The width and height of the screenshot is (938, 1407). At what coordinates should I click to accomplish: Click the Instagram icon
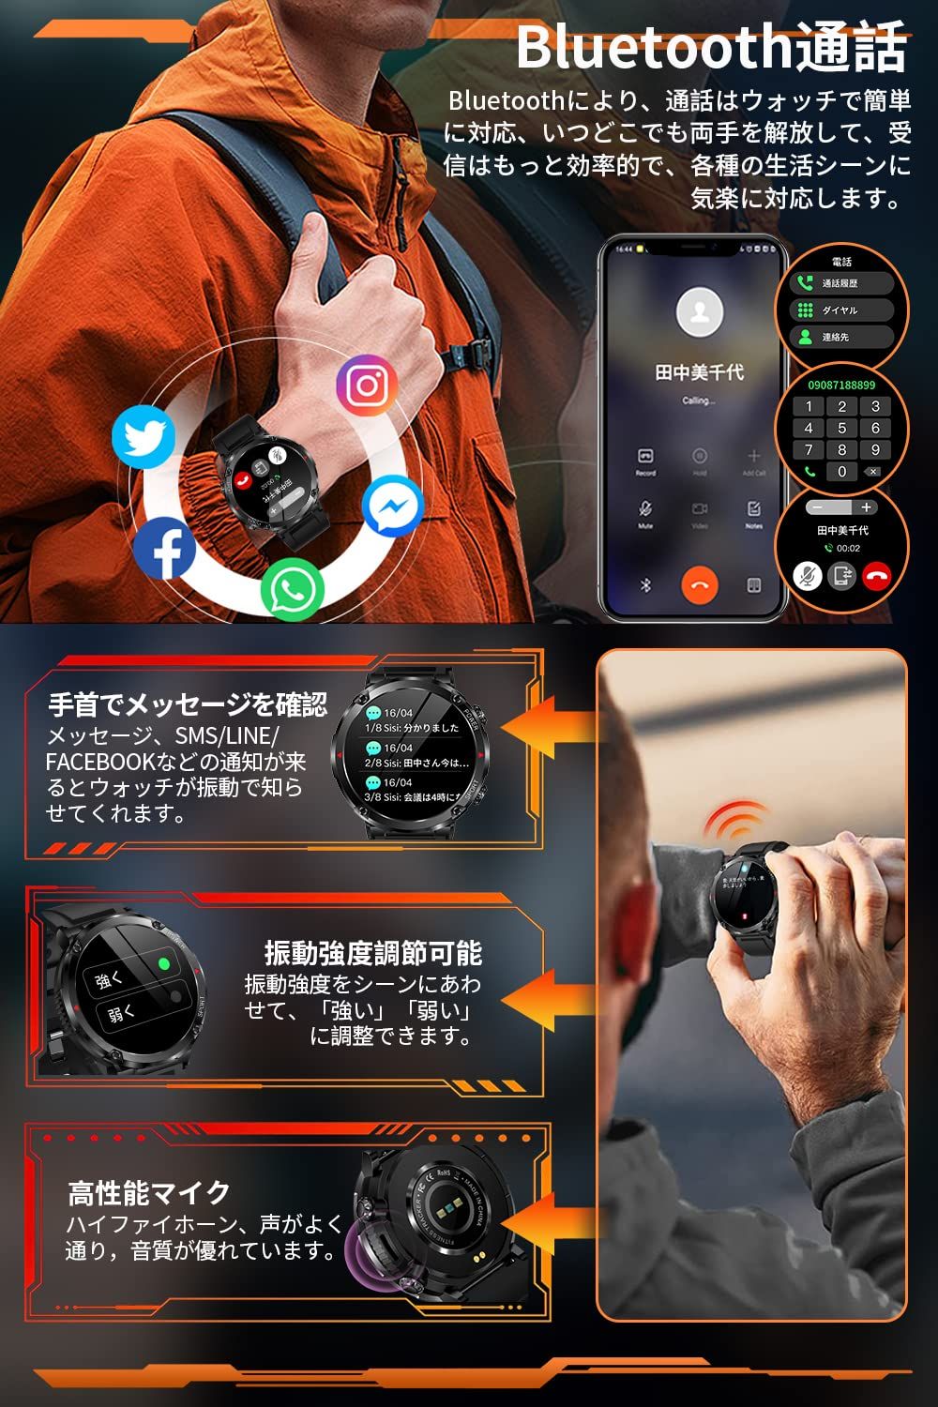click(367, 384)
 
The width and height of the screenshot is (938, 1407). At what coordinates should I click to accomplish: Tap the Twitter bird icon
click(144, 437)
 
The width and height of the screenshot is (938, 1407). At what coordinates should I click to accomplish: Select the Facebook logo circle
click(165, 550)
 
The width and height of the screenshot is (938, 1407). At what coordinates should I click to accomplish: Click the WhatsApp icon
click(293, 589)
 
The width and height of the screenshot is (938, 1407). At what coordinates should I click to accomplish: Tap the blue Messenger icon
click(393, 507)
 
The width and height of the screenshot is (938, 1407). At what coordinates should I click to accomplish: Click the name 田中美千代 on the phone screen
click(699, 372)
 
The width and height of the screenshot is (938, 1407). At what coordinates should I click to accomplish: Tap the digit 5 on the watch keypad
click(841, 429)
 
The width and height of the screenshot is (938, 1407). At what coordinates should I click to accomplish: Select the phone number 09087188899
click(841, 386)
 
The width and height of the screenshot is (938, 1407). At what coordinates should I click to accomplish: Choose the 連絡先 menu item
click(835, 337)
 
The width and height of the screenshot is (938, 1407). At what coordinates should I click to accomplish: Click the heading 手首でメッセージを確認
click(188, 703)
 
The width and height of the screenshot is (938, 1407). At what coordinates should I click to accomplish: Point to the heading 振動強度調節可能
click(372, 954)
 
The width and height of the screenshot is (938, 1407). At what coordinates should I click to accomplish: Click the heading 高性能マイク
click(149, 1193)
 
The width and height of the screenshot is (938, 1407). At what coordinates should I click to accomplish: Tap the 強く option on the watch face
click(110, 980)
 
